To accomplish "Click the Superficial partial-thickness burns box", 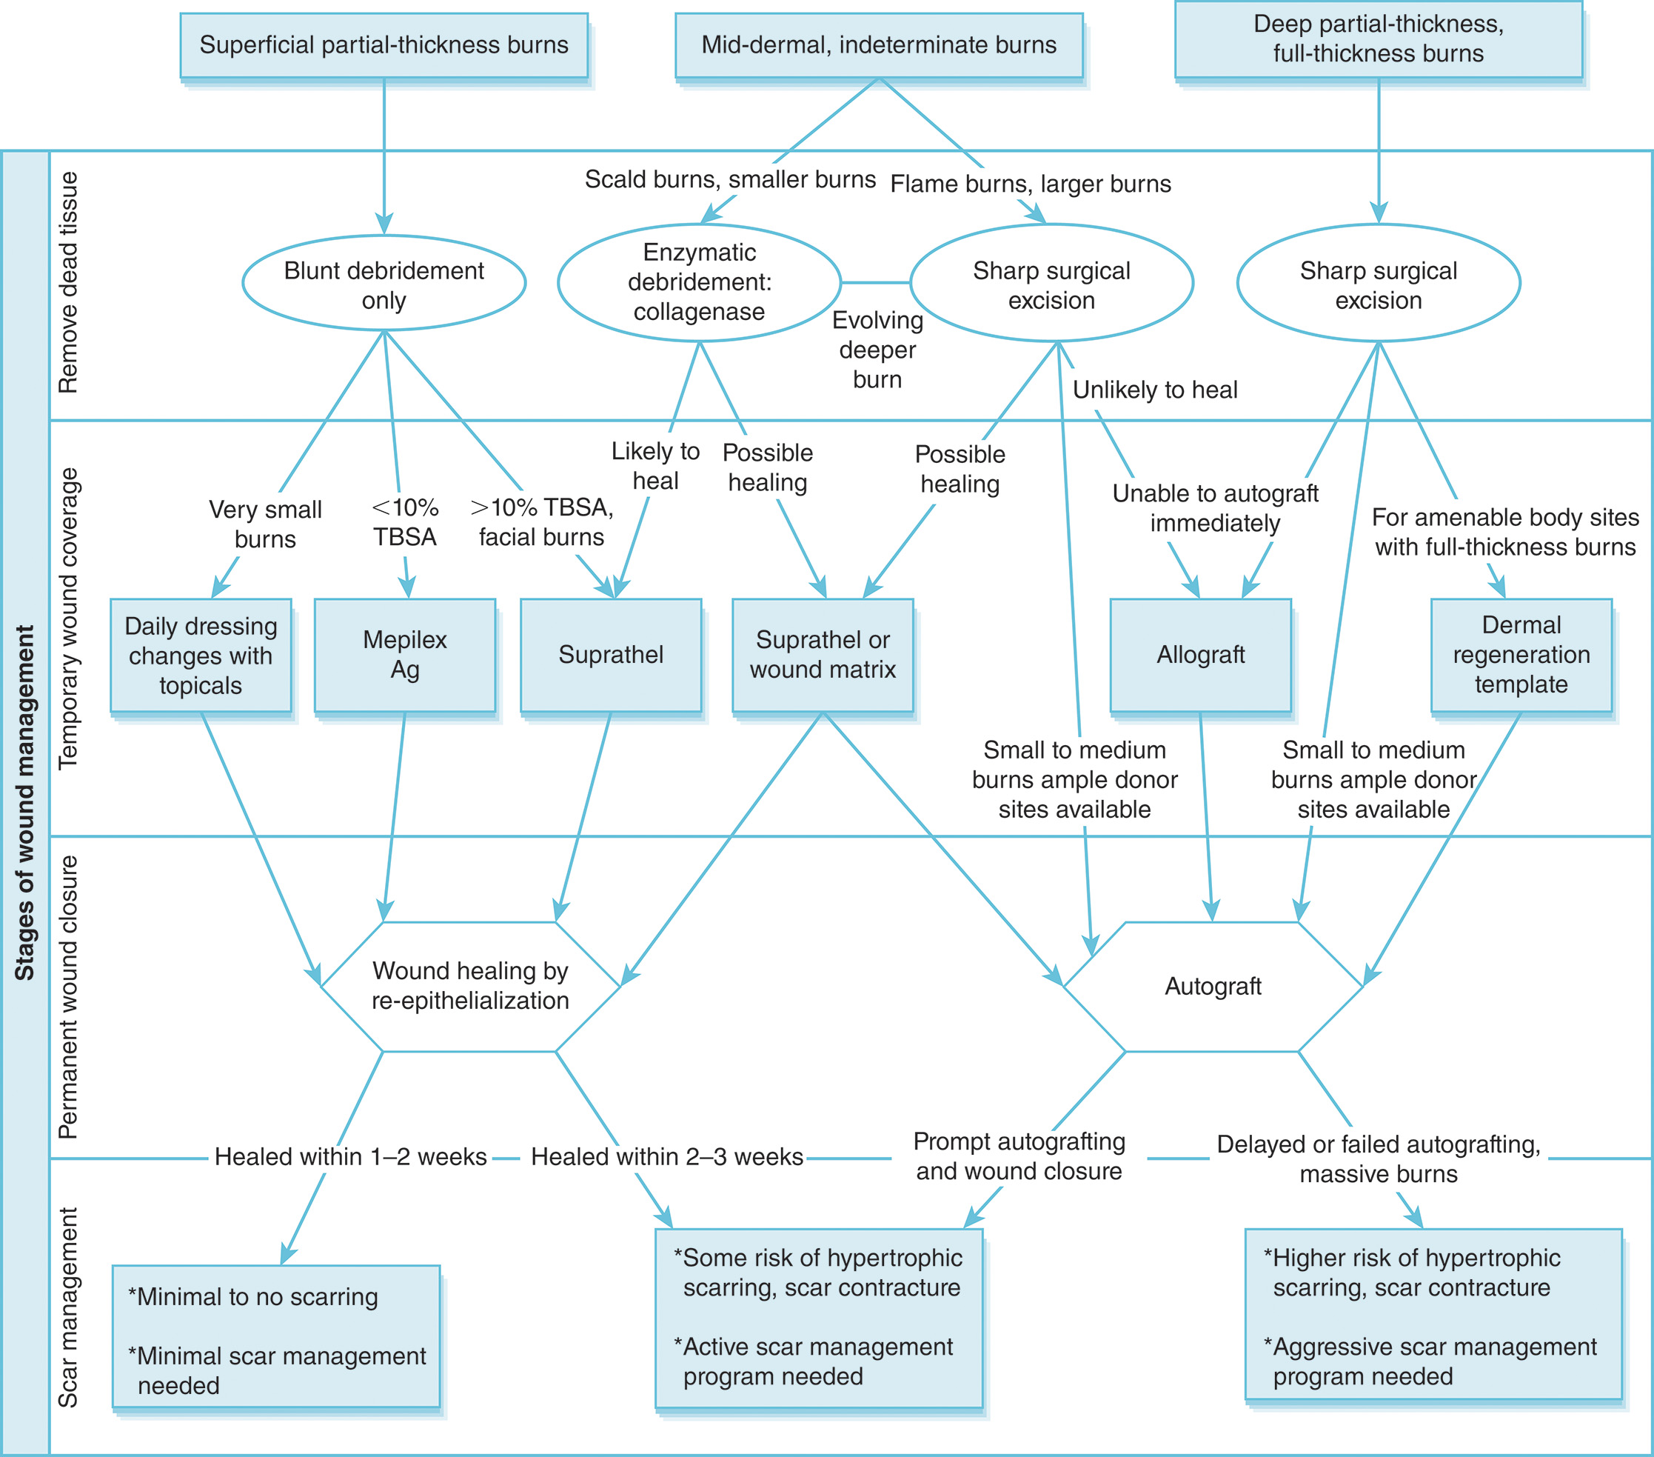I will (x=384, y=45).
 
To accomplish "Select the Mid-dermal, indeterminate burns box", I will (x=879, y=45).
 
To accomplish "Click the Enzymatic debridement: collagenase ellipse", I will (x=699, y=282).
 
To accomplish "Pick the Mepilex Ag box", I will (x=404, y=655).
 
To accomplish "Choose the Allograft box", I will (x=1200, y=655).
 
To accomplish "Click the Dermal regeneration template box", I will (x=1521, y=655).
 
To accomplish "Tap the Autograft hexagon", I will (x=1212, y=986).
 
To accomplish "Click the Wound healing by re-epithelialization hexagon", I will (x=470, y=986).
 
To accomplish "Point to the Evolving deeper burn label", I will (x=877, y=350).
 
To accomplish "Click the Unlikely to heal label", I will (x=1155, y=390).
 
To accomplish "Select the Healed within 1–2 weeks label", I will (x=350, y=1157).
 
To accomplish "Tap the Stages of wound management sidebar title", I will (x=25, y=801).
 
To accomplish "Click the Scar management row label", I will (x=68, y=1307).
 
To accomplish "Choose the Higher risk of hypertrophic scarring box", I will (x=1433, y=1315).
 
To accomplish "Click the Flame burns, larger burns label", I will (x=1030, y=184).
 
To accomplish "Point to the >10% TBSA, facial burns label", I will (x=541, y=522).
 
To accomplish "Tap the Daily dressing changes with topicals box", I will (x=201, y=655).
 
